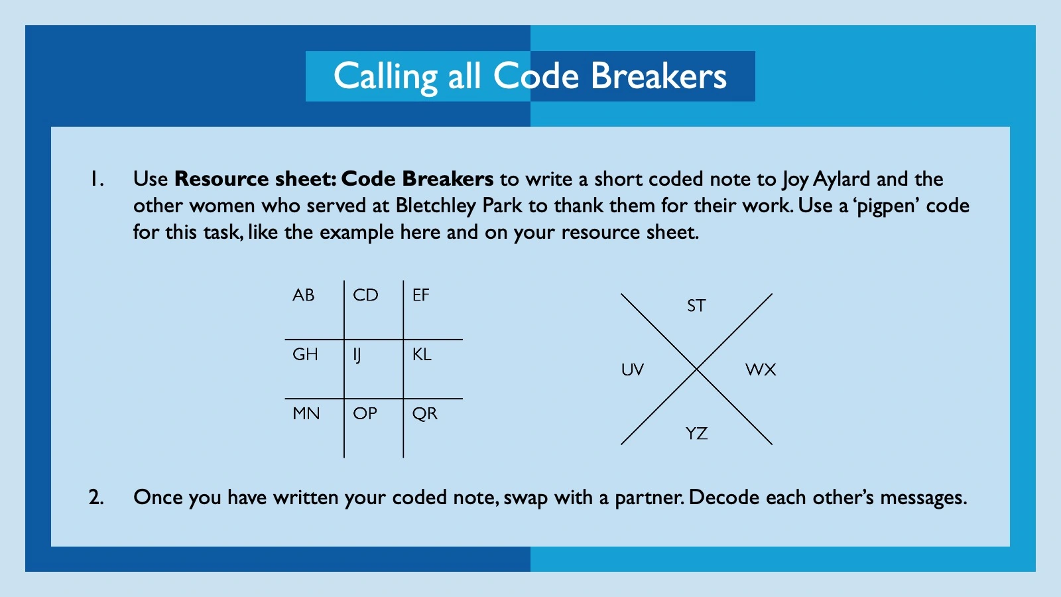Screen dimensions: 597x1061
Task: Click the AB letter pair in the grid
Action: click(x=304, y=295)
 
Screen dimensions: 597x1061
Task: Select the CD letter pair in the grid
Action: click(x=365, y=295)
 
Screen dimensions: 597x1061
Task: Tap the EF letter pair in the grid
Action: click(x=421, y=295)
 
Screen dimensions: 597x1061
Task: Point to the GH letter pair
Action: click(x=305, y=354)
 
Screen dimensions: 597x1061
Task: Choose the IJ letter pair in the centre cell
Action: click(x=357, y=355)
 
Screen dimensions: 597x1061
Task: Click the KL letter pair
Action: click(x=422, y=354)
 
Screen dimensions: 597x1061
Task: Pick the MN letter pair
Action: click(x=306, y=413)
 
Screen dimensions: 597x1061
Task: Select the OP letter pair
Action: click(x=365, y=413)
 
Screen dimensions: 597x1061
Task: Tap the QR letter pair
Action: click(x=425, y=413)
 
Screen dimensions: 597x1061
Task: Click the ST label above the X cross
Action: click(x=696, y=306)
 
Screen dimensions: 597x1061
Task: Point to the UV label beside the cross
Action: click(x=633, y=369)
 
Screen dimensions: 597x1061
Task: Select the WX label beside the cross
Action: click(x=761, y=369)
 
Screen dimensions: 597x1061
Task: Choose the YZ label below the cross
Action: click(x=696, y=434)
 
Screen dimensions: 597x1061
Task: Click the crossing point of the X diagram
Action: click(x=697, y=369)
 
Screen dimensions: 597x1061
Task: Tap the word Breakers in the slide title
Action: click(x=658, y=76)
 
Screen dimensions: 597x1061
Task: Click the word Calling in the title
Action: click(x=385, y=76)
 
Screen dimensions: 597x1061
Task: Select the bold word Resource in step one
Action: click(x=221, y=179)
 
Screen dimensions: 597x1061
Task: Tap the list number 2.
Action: click(x=96, y=497)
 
